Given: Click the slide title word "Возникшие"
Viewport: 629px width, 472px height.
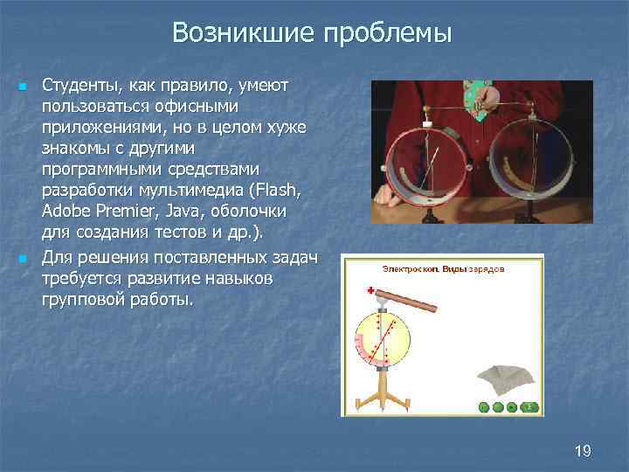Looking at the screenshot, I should click(x=244, y=33).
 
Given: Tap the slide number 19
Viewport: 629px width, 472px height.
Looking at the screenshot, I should click(x=584, y=451).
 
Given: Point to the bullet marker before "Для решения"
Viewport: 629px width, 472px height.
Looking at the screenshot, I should click(x=24, y=260).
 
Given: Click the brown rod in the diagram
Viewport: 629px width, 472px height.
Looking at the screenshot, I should click(x=410, y=302).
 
